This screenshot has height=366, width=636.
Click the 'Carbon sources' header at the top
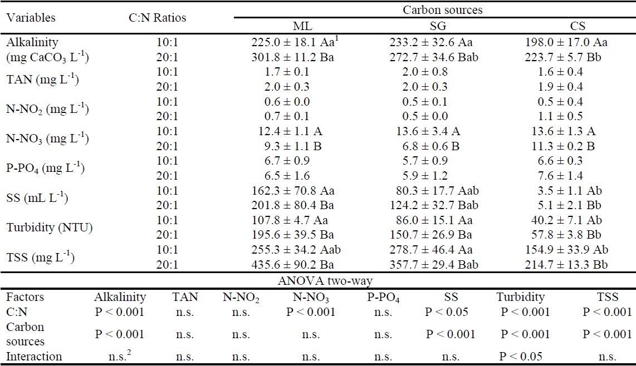[x=434, y=9]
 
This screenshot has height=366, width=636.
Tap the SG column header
[x=434, y=26]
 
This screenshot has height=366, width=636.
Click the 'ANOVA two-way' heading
[x=316, y=282]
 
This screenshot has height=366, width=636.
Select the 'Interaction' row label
[x=34, y=356]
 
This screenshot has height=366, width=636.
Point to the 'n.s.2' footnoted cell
[x=120, y=355]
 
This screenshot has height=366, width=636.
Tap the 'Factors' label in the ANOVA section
[x=25, y=298]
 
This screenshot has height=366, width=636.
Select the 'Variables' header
[x=31, y=18]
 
